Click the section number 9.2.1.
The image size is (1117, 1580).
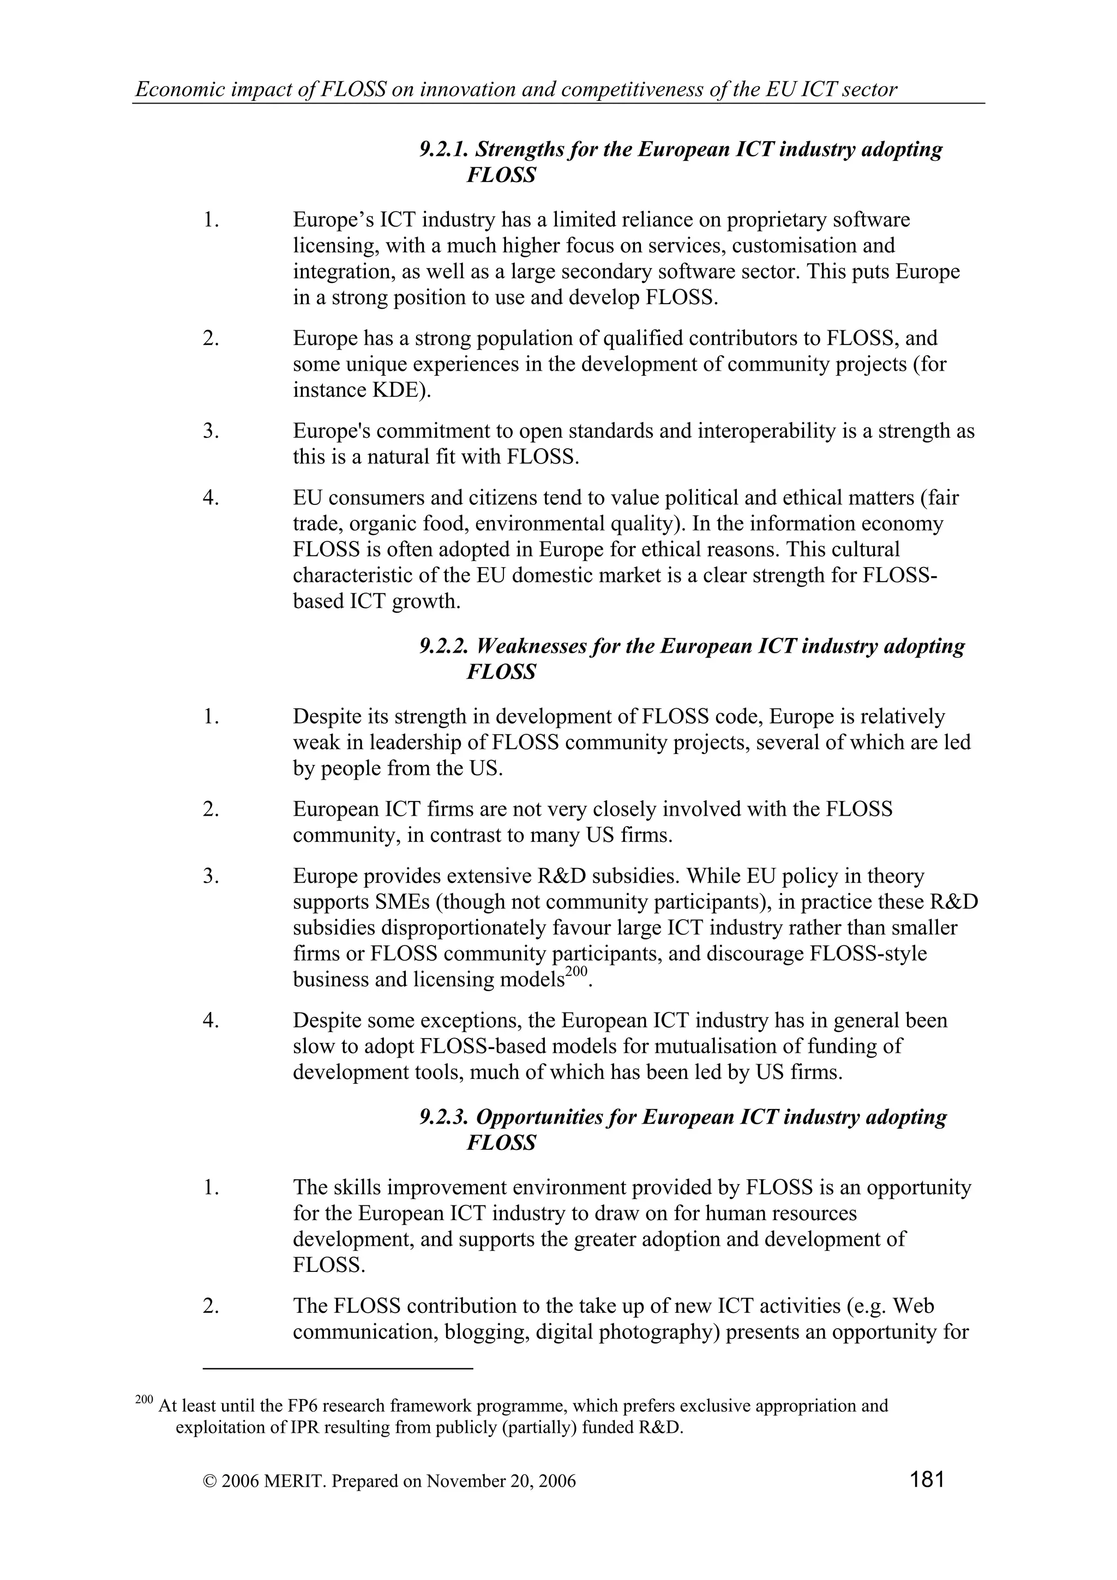point(444,149)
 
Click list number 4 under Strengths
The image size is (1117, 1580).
point(211,498)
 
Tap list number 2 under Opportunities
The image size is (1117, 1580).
point(211,1325)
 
